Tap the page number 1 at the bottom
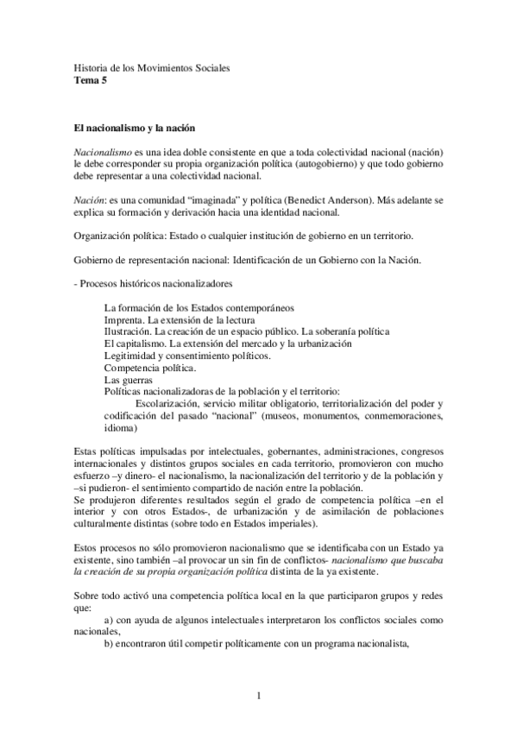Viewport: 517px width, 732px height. tap(258, 695)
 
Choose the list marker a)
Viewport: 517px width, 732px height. tap(109, 620)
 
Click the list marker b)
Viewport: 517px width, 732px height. tap(109, 644)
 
